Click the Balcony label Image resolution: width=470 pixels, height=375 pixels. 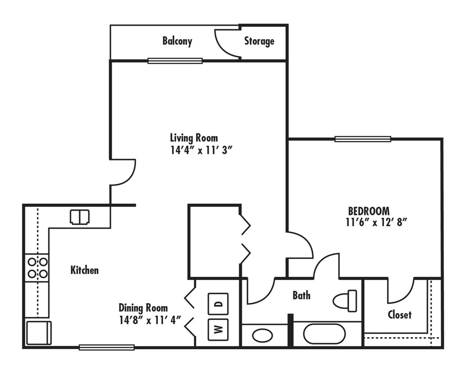pos(177,41)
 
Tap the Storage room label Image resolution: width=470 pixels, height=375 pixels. pos(259,41)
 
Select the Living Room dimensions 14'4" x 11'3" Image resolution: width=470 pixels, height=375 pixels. pos(201,150)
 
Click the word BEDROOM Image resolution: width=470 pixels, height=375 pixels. pos(368,211)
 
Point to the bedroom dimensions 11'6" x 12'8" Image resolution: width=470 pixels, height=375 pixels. pos(376,223)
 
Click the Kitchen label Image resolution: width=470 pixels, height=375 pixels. pos(84,270)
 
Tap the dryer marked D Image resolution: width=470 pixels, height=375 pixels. pos(218,304)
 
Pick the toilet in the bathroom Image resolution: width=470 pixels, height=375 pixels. pos(345,301)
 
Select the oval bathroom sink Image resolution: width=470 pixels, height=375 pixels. pos(263,335)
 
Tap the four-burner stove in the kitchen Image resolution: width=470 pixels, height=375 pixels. pos(37,267)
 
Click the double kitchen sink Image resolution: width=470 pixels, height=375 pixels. pos(80,217)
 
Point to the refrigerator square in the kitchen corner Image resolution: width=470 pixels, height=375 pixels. pos(39,333)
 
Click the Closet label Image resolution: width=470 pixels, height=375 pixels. pos(399,315)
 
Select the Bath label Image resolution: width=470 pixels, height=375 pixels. pos(301,295)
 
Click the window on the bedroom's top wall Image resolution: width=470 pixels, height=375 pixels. pos(363,139)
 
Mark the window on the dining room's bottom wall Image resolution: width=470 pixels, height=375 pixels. pos(107,347)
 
